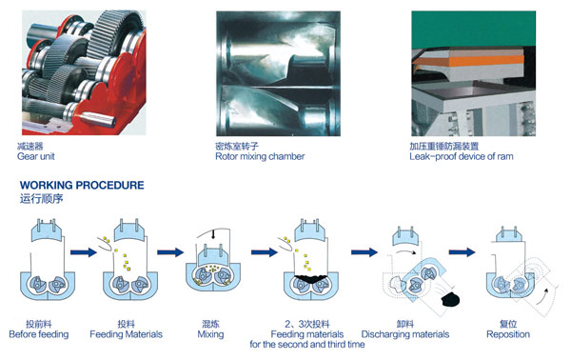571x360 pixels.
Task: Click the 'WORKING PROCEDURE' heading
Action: click(x=82, y=185)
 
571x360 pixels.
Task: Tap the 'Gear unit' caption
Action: click(x=36, y=157)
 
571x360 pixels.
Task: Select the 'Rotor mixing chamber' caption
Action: click(x=260, y=157)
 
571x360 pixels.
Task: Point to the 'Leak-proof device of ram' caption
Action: click(x=461, y=157)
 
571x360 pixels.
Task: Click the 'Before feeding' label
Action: click(x=39, y=334)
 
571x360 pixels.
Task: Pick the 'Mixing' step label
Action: click(x=210, y=334)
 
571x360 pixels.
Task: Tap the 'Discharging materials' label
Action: click(x=405, y=334)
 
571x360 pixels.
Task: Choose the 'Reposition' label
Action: click(x=508, y=334)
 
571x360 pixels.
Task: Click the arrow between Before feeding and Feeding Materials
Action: click(x=84, y=252)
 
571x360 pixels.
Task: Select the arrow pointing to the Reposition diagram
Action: click(x=462, y=251)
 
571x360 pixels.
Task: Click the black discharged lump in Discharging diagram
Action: click(x=450, y=300)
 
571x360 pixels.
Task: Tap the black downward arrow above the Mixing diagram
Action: click(x=213, y=234)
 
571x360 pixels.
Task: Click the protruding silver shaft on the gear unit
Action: click(x=98, y=118)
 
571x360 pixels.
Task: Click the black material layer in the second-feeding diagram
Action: click(x=311, y=279)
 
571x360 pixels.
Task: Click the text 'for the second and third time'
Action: click(x=307, y=345)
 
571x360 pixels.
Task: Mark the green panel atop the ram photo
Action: click(x=473, y=30)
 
